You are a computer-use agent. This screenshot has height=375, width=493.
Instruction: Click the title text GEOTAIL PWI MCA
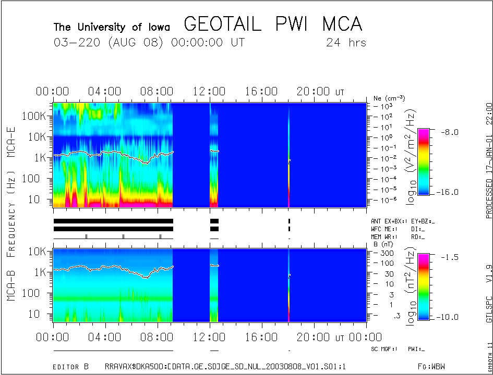click(273, 24)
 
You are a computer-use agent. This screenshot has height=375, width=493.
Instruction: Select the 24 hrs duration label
click(346, 43)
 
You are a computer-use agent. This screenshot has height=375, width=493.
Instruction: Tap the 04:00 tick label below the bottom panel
click(105, 338)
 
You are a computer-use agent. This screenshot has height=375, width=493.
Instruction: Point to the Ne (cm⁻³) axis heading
click(389, 98)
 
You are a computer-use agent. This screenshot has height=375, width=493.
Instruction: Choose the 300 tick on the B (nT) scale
click(386, 253)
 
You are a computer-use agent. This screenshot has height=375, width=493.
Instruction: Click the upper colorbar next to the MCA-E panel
click(424, 161)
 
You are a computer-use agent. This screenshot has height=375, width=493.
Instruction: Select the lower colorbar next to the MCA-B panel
click(424, 286)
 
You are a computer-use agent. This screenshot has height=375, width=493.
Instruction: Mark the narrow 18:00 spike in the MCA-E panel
click(288, 156)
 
